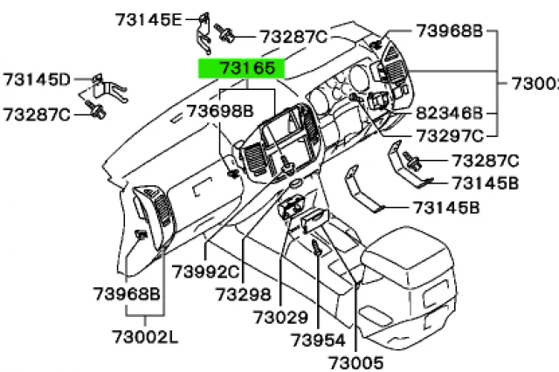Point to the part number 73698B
tap(220, 111)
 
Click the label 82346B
tap(448, 114)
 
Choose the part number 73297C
tap(448, 135)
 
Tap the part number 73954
tap(318, 339)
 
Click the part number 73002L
tap(144, 335)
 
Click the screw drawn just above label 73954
tap(316, 250)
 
